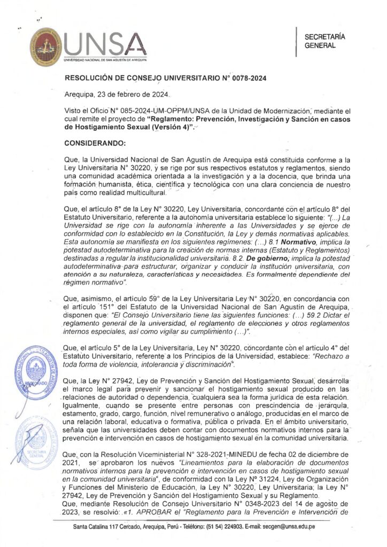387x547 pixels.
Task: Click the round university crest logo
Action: click(x=45, y=47)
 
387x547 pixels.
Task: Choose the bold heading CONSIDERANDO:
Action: click(x=95, y=144)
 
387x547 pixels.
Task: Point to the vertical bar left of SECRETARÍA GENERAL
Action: click(x=296, y=41)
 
